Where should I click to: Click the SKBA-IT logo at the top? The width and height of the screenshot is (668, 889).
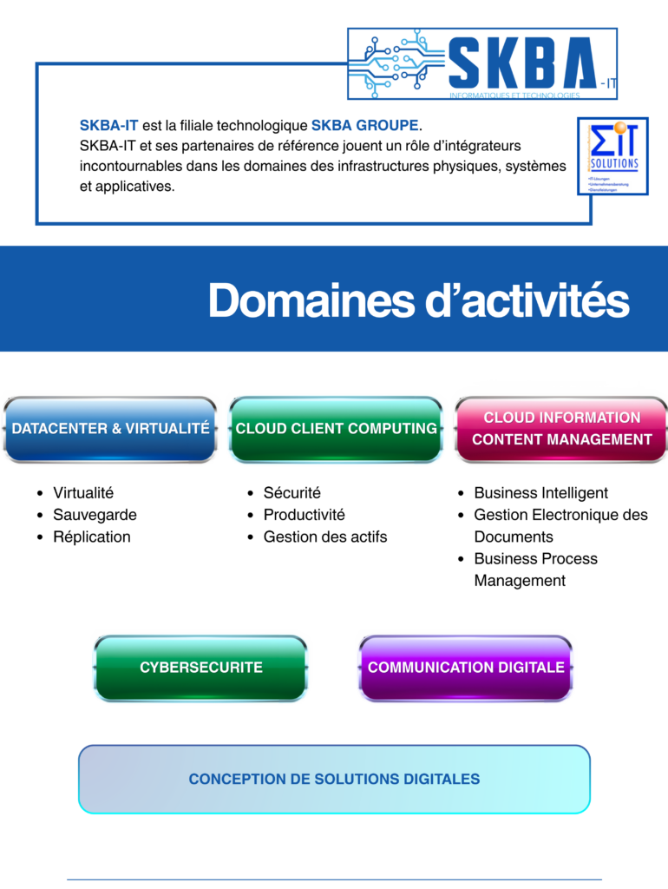pos(482,63)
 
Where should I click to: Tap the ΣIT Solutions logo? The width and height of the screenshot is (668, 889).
pos(613,156)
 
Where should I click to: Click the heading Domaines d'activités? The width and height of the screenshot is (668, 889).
pos(418,300)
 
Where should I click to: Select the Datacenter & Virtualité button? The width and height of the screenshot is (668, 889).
pos(110,429)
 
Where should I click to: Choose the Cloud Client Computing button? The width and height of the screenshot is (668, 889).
pos(336,429)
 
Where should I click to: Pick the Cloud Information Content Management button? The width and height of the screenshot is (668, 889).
pos(561,429)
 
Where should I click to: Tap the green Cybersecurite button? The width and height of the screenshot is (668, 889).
pos(200,668)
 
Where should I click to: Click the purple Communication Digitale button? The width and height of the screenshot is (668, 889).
pos(466,668)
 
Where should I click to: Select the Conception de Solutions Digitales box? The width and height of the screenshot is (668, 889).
pos(334,779)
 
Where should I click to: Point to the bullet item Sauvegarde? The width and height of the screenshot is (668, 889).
pos(95,515)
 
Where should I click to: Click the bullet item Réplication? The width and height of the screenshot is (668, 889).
pos(92,537)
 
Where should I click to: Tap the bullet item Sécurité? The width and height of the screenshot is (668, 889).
pos(292,493)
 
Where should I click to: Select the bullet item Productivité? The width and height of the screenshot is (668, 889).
pos(304,515)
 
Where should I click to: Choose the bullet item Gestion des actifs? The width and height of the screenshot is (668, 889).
pos(325,537)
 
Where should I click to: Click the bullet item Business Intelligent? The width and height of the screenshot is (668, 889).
pos(540,493)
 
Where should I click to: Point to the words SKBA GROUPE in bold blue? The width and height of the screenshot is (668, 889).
pos(364,125)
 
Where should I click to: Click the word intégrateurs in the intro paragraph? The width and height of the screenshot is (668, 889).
pos(483,146)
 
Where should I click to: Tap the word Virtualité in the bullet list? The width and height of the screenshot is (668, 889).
pos(83,493)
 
